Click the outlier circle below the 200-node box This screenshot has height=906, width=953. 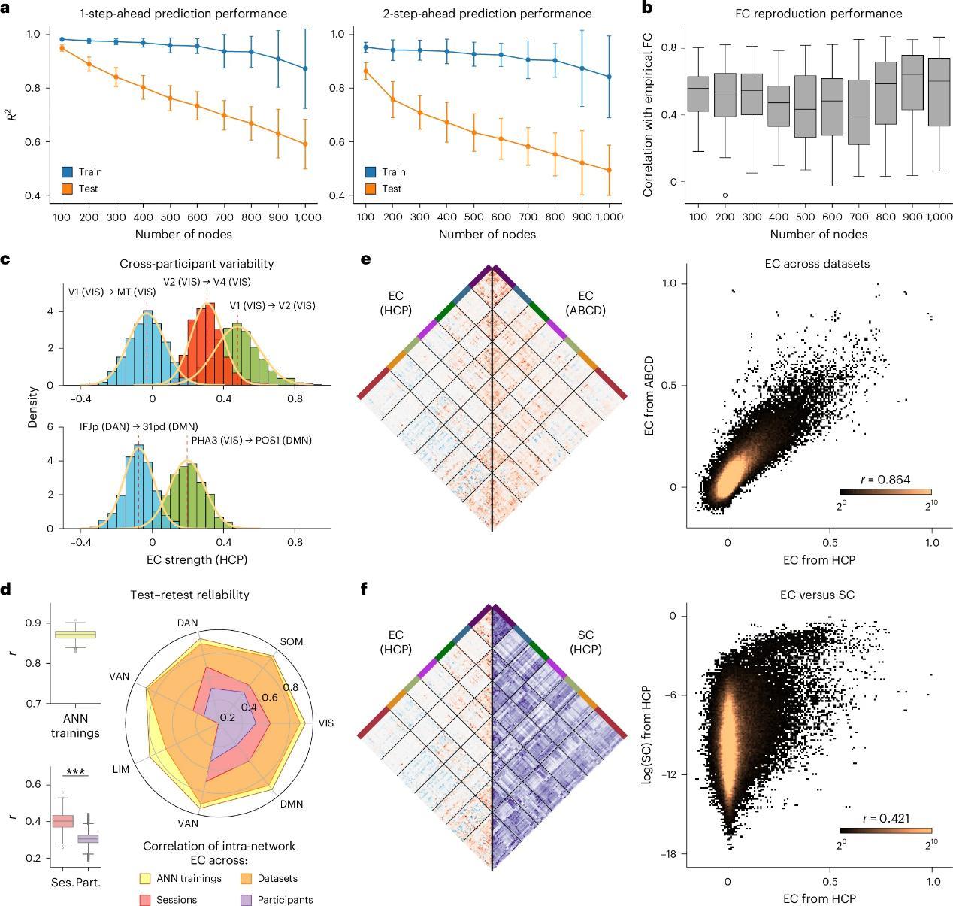click(x=725, y=195)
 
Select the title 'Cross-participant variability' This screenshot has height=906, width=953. click(x=196, y=264)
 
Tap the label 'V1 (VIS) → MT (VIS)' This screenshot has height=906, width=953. click(x=112, y=292)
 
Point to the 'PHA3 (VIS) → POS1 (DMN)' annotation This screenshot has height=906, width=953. click(x=251, y=441)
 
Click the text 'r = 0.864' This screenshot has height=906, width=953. click(x=885, y=480)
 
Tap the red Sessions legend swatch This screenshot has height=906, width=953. click(x=144, y=899)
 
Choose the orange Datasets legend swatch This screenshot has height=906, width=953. click(x=246, y=878)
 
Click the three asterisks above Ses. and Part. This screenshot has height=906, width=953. click(x=75, y=772)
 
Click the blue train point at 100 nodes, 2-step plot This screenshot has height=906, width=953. click(x=366, y=47)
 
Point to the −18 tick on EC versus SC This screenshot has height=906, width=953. click(x=667, y=854)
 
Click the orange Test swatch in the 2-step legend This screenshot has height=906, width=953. click(x=371, y=189)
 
